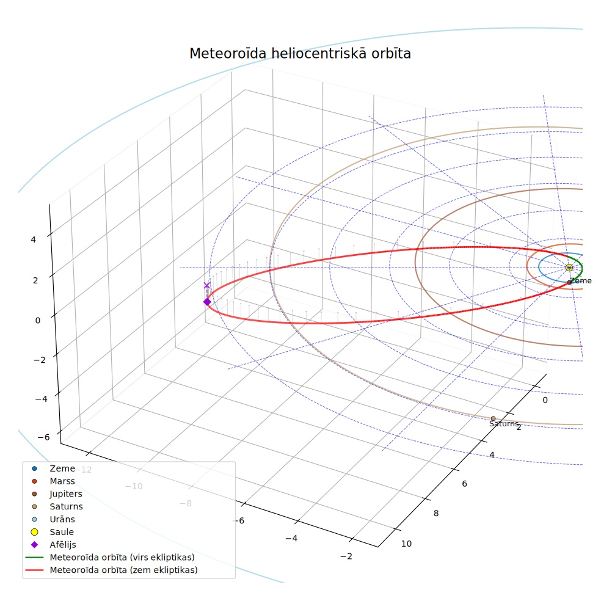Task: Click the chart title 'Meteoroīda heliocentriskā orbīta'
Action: point(300,53)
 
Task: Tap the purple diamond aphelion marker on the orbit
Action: point(207,302)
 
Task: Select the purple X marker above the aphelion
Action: point(207,285)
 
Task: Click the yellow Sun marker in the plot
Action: point(569,268)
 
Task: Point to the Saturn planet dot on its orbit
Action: point(494,418)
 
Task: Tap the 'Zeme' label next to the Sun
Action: point(580,281)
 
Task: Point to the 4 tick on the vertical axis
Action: point(34,239)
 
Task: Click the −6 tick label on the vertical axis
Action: point(44,437)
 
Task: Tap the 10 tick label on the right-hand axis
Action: point(406,544)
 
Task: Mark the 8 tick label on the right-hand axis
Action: point(436,513)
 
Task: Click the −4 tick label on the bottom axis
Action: point(291,538)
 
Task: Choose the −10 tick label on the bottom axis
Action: point(134,486)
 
